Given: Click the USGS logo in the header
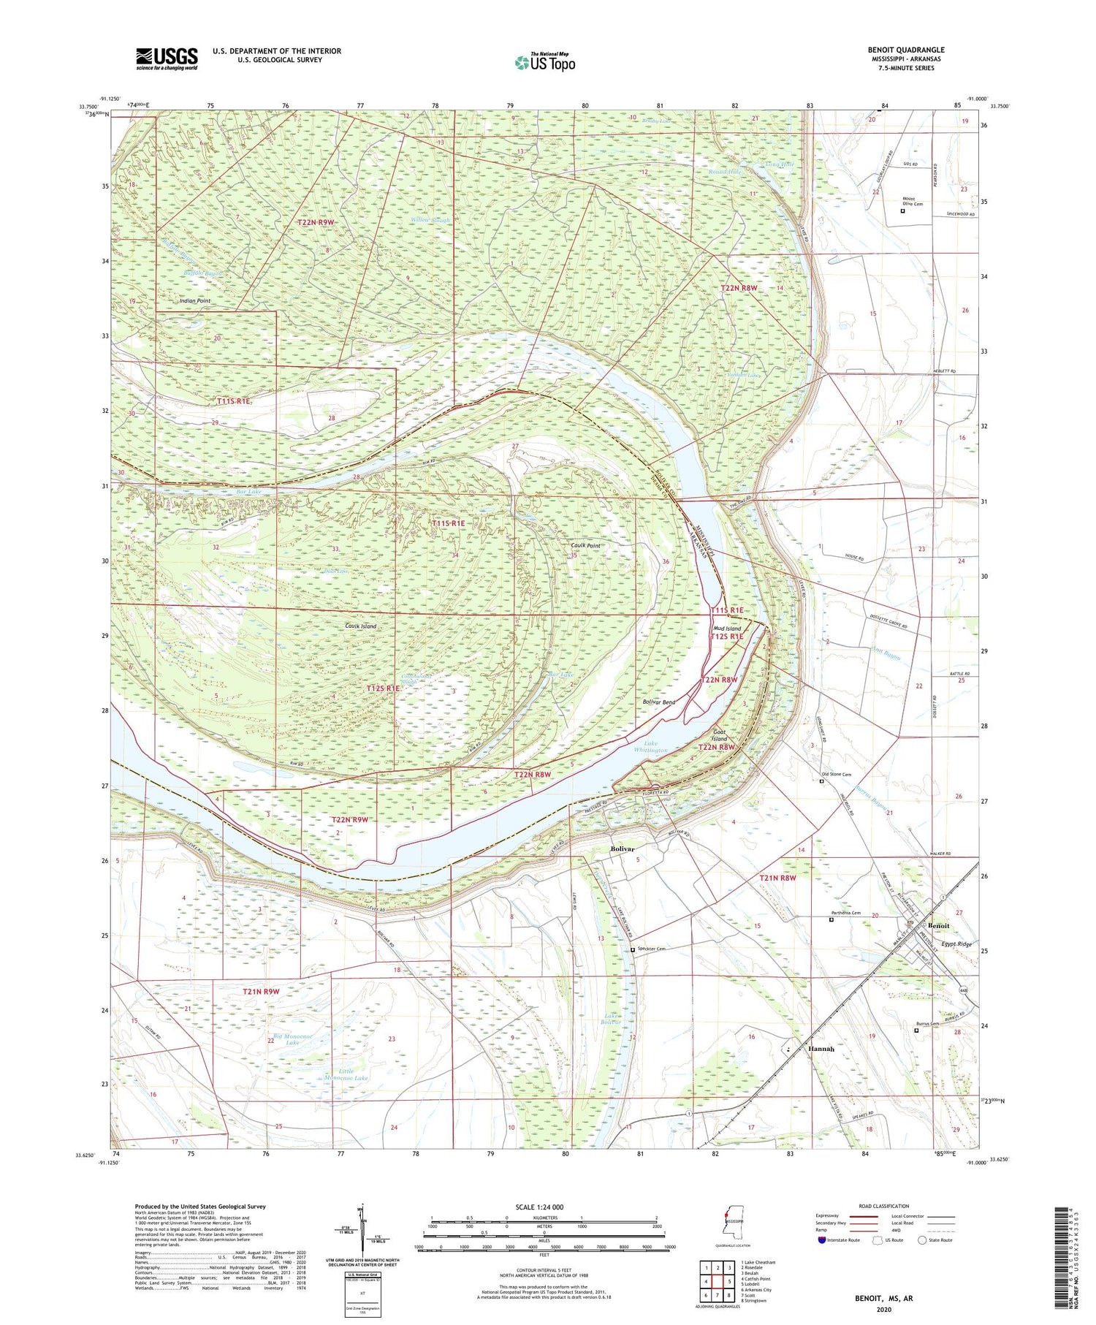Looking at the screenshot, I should point(167,58).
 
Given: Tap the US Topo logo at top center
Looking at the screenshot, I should point(544,63).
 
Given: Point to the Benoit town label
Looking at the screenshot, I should point(938,925).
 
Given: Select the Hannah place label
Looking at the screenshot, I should point(821,1049).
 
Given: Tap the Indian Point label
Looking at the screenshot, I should point(195,300).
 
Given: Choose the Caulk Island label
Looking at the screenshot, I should point(360,626).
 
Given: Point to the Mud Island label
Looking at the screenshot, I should point(727,628).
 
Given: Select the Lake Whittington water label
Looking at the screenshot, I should point(650,747).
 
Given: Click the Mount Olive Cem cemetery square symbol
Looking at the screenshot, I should point(902,211).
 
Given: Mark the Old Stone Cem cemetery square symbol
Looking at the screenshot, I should point(821,781).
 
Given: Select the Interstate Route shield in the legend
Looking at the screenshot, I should point(822,1239).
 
